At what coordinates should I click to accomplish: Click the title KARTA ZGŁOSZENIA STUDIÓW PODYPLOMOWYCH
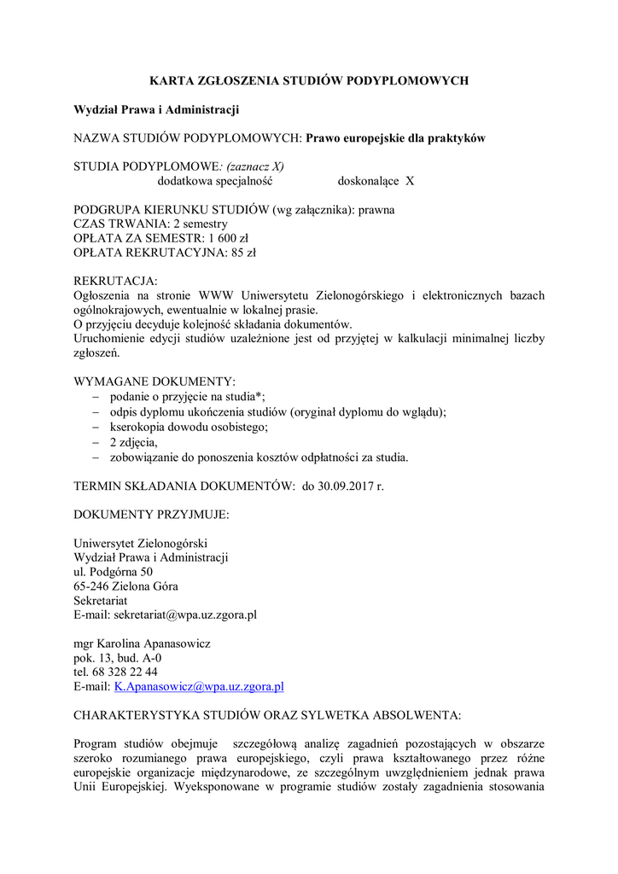(309, 81)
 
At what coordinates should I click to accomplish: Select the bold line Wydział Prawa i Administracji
(156, 109)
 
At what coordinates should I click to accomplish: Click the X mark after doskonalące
(410, 181)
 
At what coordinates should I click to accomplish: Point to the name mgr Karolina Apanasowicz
(143, 643)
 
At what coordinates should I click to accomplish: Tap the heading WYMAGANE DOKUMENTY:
(154, 381)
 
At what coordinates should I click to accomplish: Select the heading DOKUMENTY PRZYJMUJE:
(151, 515)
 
